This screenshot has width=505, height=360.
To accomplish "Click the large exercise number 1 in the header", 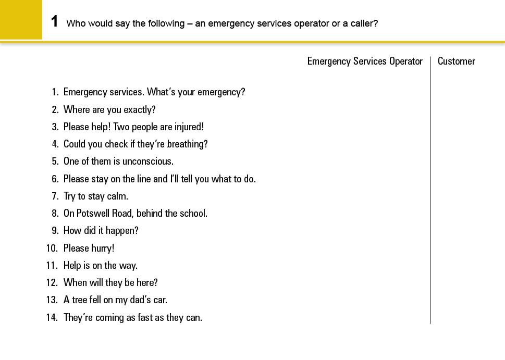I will (x=54, y=22).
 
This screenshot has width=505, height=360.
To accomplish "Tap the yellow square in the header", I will (x=21, y=20).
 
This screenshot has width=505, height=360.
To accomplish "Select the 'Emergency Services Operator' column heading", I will (x=365, y=61).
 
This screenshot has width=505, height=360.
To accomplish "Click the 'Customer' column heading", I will (x=456, y=61).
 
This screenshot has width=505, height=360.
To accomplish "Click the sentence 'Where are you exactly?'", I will (x=109, y=109).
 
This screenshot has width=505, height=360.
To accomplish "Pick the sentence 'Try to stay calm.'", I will (x=95, y=196).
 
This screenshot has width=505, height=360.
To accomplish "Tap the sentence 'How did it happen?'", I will (x=101, y=231).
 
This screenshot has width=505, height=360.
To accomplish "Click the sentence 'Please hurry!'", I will (x=89, y=249).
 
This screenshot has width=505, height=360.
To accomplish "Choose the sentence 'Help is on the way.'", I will (x=101, y=266).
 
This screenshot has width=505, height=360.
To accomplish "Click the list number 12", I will (x=51, y=283).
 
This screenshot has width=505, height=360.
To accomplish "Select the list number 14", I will (x=51, y=317).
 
